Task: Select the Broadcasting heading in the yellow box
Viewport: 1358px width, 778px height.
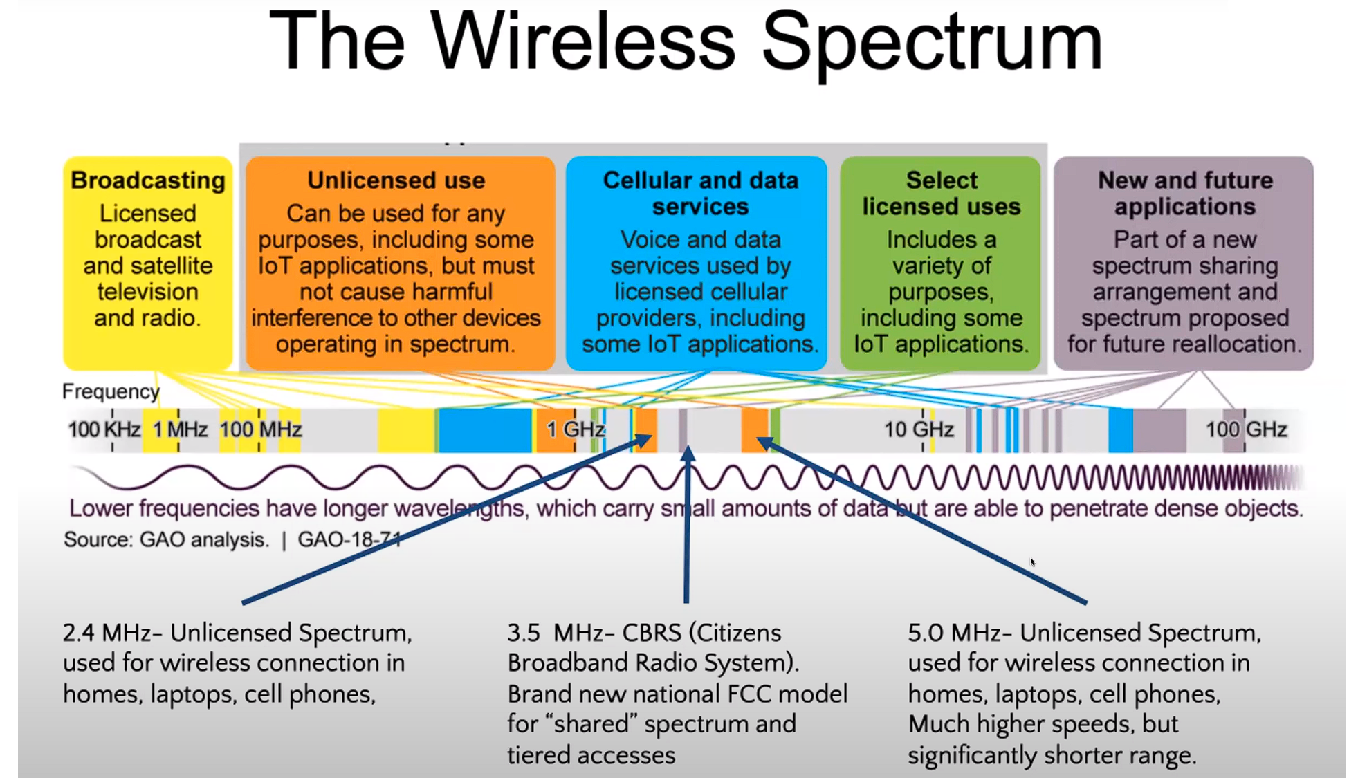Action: [148, 180]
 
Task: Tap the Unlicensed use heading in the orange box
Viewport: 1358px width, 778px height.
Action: [396, 180]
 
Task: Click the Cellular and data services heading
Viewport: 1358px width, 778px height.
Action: [700, 194]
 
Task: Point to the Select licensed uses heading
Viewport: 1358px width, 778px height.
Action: [942, 194]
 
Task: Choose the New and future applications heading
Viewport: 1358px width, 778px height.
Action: [1185, 194]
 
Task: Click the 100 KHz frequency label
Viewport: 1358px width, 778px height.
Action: [104, 429]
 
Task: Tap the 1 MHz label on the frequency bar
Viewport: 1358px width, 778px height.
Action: [180, 429]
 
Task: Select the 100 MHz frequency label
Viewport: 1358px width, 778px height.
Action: [261, 429]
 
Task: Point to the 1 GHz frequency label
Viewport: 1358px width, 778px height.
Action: [576, 429]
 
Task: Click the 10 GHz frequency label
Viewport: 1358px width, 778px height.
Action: [919, 429]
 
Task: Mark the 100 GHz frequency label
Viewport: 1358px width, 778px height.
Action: [1247, 429]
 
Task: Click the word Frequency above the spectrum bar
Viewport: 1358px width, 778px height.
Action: [111, 391]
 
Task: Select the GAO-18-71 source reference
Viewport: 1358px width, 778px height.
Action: [349, 539]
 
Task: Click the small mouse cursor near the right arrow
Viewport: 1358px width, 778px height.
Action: [1032, 562]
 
